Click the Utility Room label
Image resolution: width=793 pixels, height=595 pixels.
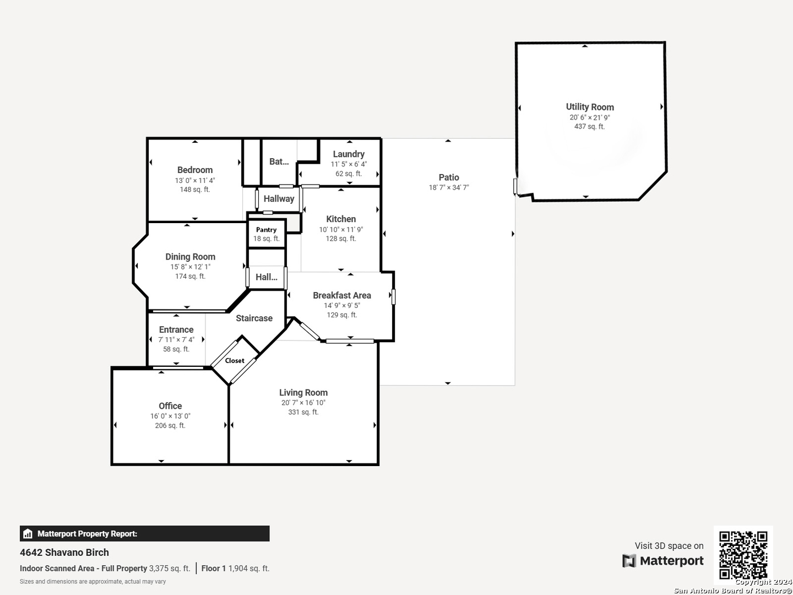(x=590, y=107)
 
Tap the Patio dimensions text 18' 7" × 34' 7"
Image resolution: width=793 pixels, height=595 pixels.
(x=449, y=187)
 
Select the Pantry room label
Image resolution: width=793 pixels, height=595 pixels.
(x=266, y=230)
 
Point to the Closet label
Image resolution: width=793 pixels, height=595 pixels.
(x=235, y=360)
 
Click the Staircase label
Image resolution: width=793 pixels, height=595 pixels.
(x=254, y=318)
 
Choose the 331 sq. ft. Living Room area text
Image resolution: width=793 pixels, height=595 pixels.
(x=303, y=412)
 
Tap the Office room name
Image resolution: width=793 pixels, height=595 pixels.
(x=170, y=406)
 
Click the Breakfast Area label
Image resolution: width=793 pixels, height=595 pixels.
(x=342, y=295)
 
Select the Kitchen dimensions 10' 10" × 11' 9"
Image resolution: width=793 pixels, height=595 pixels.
(x=341, y=229)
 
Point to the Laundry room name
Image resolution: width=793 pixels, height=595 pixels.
(x=349, y=154)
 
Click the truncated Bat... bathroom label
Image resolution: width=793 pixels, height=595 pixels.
(x=279, y=161)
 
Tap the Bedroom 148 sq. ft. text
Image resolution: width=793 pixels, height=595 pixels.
(x=195, y=190)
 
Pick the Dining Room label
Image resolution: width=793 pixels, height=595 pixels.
(x=191, y=257)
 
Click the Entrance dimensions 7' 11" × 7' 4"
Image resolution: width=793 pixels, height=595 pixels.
(x=176, y=339)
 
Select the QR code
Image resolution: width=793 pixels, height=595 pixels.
(x=743, y=555)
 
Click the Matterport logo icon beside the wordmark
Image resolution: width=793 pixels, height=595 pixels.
(x=629, y=561)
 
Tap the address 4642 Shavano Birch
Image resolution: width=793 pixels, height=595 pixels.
(x=64, y=553)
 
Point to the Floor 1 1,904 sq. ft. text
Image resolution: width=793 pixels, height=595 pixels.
(x=235, y=569)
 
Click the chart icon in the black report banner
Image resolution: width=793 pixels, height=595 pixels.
(x=28, y=534)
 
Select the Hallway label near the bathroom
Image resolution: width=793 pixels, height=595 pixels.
(x=279, y=199)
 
